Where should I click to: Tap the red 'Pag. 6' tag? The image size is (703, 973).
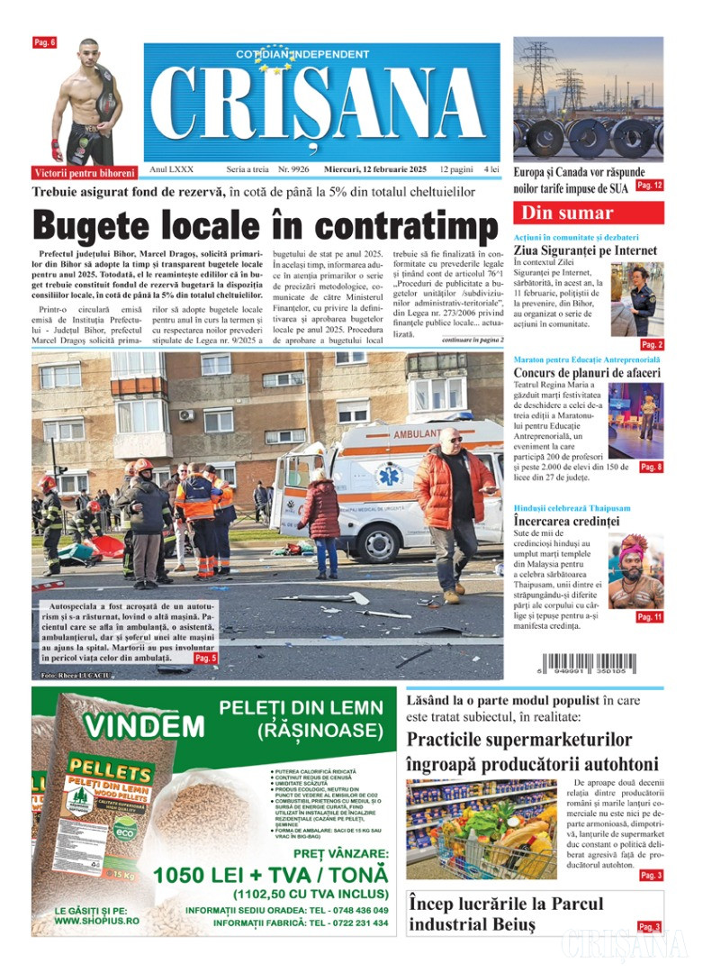coord(45,42)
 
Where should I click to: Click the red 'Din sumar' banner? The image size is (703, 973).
coord(588,214)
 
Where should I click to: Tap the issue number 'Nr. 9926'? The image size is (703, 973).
coord(293,169)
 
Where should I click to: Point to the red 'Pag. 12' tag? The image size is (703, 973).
coord(649,185)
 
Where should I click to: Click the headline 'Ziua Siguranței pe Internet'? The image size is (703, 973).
coord(585,250)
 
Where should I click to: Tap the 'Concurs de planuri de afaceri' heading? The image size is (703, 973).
coord(587,373)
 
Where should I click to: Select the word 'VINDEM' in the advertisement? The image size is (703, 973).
coord(144,725)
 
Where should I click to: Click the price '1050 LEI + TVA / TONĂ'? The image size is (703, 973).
coord(271,875)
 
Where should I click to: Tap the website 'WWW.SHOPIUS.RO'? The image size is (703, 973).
coord(96,921)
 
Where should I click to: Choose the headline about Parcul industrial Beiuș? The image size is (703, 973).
coord(506,914)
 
